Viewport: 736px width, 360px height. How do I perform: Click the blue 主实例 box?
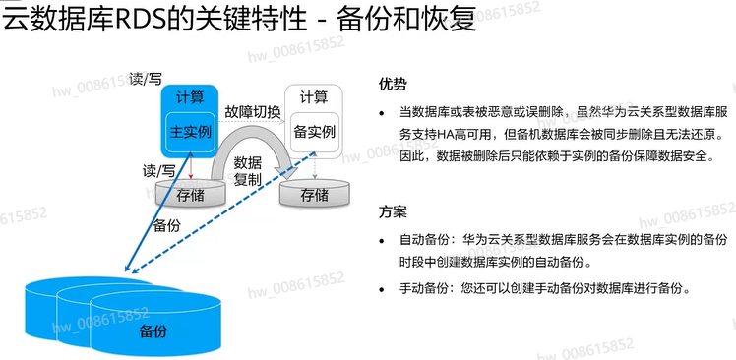coord(190,132)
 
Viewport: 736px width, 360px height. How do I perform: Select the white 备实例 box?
coord(315,132)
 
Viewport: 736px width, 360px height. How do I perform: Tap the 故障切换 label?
coord(253,112)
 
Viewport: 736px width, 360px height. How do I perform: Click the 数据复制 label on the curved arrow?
coord(248,171)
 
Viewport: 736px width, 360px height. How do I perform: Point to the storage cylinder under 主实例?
coord(190,193)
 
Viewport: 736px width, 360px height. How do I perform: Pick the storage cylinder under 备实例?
coord(315,194)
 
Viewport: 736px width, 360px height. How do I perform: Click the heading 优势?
coord(393,84)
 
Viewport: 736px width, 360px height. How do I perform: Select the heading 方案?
coord(393,212)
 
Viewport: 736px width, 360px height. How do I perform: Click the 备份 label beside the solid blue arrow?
coord(167,226)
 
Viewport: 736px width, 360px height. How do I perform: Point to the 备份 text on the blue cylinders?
coord(153,331)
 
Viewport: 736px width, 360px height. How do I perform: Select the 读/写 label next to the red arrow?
coord(159,171)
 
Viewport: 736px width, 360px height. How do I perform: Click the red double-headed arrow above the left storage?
coord(191,167)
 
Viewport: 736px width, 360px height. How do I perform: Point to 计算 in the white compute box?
coord(315,97)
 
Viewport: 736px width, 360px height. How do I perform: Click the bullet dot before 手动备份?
coord(382,289)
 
